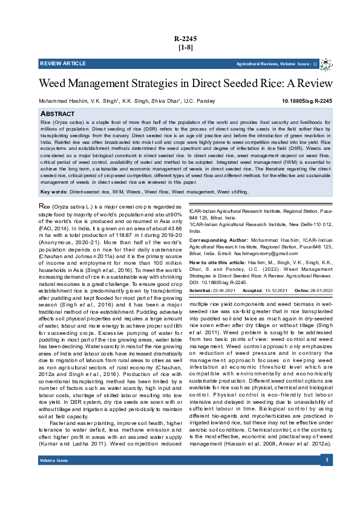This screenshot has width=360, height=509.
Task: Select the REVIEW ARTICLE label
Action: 63,63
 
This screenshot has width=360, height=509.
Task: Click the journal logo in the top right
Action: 326,63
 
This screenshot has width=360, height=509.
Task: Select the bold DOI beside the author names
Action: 307,101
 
